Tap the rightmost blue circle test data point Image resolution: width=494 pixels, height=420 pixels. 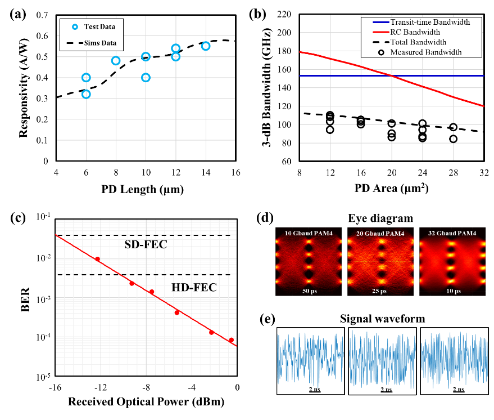coord(206,46)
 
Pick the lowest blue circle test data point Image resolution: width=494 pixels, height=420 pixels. coord(86,94)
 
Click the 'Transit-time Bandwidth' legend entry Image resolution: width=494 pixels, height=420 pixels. coord(430,23)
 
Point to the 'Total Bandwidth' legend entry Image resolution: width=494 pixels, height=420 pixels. coord(418,42)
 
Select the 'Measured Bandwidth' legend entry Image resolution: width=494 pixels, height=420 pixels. coord(425,52)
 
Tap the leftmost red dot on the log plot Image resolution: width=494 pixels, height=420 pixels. coord(97,259)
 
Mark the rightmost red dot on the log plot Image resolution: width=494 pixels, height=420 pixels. coord(231,340)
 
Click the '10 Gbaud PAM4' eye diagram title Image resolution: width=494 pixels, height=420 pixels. coord(309,233)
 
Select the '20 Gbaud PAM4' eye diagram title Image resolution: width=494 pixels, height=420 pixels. coord(380,233)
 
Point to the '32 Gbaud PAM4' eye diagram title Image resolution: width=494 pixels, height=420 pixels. coord(452,233)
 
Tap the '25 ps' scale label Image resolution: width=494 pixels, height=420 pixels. coord(380,291)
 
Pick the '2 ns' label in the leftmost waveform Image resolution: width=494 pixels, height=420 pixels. coord(314,390)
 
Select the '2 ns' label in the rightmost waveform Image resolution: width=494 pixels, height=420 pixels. coord(457,390)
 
